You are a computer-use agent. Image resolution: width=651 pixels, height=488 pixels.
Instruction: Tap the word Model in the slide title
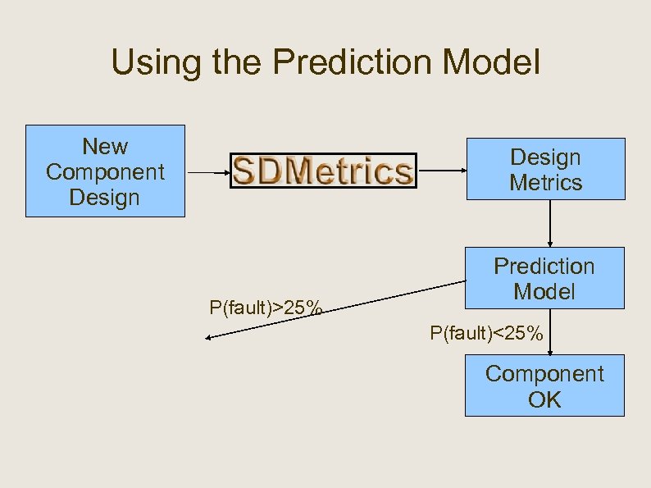[491, 64]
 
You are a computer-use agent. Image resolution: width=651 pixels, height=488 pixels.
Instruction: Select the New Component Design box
[105, 171]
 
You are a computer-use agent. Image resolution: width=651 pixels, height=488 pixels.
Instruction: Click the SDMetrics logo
[323, 171]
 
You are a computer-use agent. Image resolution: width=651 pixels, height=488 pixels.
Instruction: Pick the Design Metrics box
[545, 169]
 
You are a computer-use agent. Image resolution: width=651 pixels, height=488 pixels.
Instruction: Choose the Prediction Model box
[544, 278]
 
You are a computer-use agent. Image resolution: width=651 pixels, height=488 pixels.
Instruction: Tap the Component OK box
[544, 385]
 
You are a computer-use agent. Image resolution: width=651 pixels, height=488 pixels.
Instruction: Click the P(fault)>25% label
[265, 308]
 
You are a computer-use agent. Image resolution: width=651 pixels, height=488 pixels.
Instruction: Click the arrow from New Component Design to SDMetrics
[207, 172]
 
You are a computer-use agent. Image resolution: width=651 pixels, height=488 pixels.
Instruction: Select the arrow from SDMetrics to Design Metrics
[442, 171]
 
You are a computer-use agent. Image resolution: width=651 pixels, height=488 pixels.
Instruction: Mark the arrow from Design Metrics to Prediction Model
[549, 223]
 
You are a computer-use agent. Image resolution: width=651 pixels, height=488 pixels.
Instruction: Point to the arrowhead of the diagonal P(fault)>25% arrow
[209, 337]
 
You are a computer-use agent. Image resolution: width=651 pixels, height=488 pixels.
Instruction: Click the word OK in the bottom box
[544, 399]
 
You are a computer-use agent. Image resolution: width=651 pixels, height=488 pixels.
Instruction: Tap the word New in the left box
[105, 147]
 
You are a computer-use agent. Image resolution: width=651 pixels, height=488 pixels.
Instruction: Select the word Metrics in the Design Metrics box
[545, 182]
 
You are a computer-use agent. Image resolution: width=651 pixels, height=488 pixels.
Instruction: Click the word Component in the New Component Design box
[105, 172]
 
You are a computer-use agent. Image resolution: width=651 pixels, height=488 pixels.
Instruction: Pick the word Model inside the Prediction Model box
[544, 291]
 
